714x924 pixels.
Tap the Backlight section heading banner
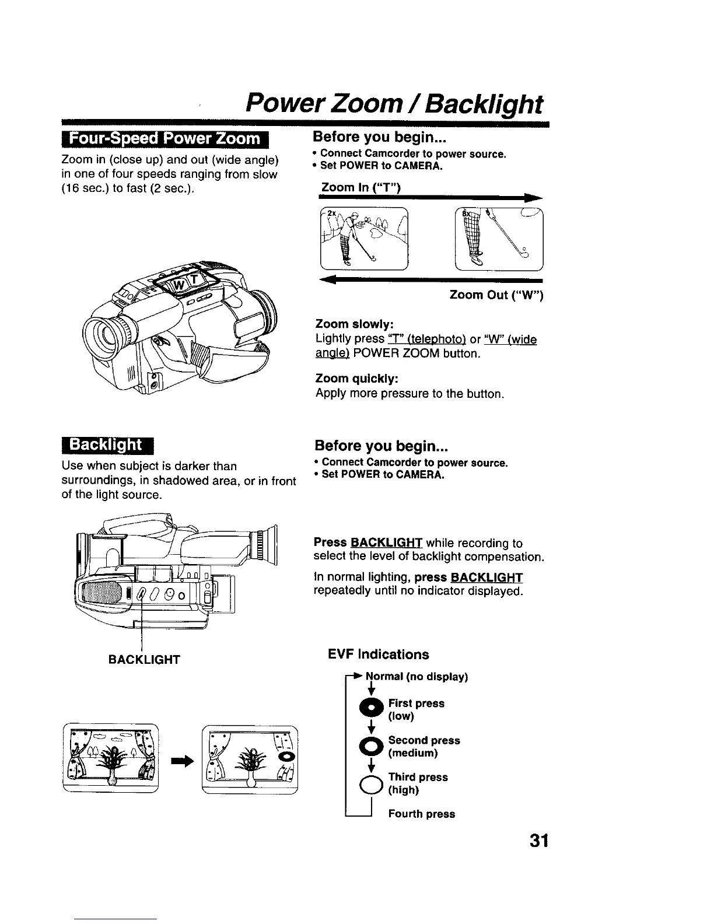(106, 445)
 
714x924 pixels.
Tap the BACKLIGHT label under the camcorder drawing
(144, 660)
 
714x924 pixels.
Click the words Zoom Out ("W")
(496, 296)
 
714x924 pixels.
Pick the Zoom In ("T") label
(359, 187)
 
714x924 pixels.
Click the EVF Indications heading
(379, 654)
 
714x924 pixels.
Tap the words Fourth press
(421, 814)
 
